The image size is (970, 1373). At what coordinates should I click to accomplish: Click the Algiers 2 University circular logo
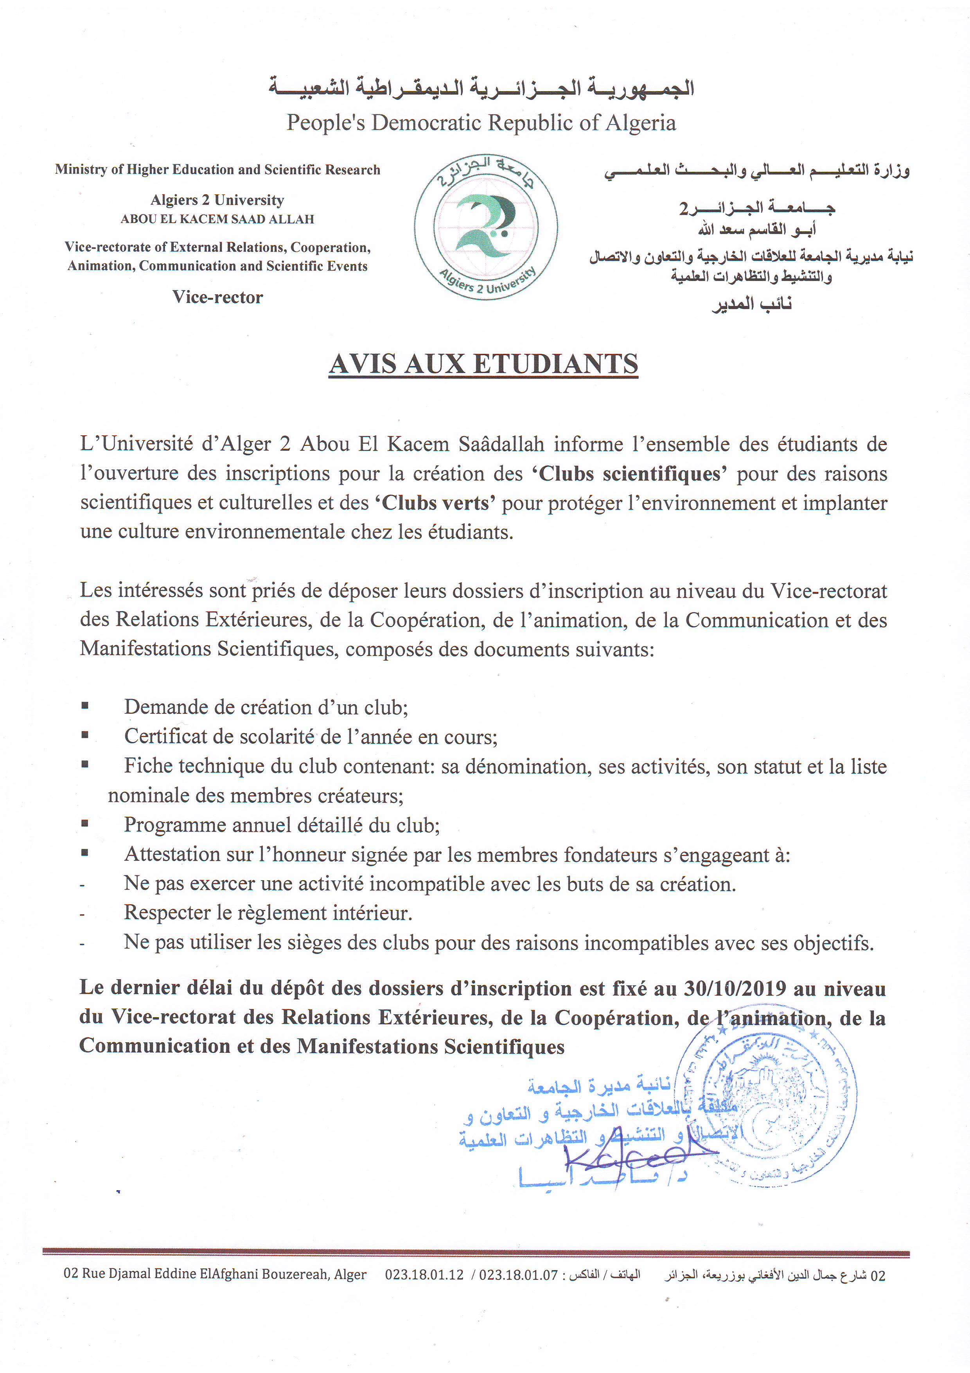[x=485, y=228]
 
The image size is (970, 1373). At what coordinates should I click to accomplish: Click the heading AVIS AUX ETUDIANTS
[x=483, y=364]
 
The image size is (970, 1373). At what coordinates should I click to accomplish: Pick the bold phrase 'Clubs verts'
[x=435, y=503]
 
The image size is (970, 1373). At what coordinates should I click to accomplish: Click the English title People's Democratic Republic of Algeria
[x=481, y=123]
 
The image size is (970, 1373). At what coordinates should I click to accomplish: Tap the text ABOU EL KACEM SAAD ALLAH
[x=217, y=219]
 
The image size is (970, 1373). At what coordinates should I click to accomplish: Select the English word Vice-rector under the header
[x=217, y=297]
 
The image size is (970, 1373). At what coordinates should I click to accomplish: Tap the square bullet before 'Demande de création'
[x=85, y=706]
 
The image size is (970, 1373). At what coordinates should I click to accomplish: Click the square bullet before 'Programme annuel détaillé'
[x=85, y=824]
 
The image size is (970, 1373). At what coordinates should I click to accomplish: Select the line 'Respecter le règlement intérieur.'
[x=268, y=913]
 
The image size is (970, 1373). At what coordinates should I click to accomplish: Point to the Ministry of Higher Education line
[x=217, y=170]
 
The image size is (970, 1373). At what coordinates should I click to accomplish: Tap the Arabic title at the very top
[x=481, y=87]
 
